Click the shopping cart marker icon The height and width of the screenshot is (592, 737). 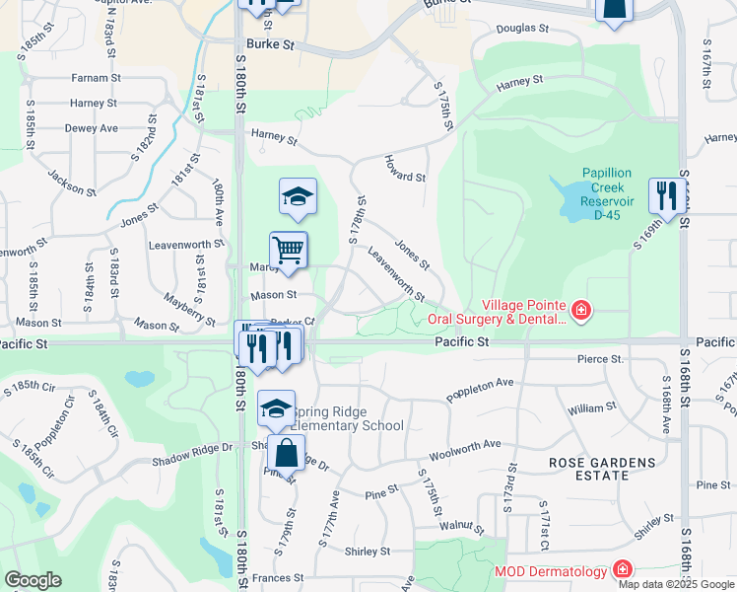pyautogui.click(x=289, y=250)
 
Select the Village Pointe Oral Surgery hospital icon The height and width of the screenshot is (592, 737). pyautogui.click(x=581, y=312)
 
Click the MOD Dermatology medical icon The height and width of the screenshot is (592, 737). pyautogui.click(x=622, y=570)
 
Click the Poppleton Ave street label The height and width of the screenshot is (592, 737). pyautogui.click(x=480, y=388)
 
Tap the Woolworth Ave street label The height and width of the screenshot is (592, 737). pyautogui.click(x=464, y=451)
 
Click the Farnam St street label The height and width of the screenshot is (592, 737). pyautogui.click(x=96, y=77)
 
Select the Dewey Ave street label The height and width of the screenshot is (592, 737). pyautogui.click(x=91, y=128)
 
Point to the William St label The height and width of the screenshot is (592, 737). pyautogui.click(x=591, y=407)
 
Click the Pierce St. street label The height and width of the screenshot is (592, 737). pyautogui.click(x=600, y=360)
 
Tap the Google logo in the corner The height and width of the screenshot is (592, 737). pyautogui.click(x=33, y=580)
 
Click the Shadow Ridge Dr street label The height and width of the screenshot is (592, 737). pyautogui.click(x=191, y=447)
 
